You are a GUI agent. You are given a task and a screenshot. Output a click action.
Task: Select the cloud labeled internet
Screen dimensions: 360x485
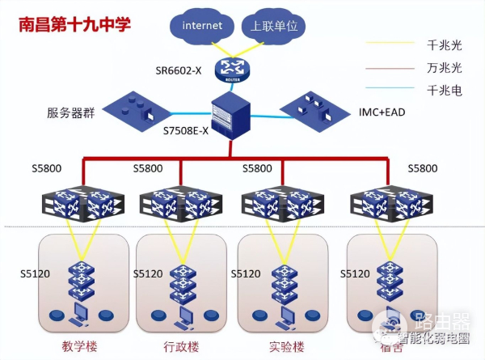(201, 27)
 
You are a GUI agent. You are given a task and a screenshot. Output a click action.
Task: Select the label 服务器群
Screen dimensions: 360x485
(70, 113)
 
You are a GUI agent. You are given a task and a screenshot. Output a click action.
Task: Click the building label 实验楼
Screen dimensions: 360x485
(284, 348)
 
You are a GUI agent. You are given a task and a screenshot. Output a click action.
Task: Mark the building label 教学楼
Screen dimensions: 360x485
(78, 348)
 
